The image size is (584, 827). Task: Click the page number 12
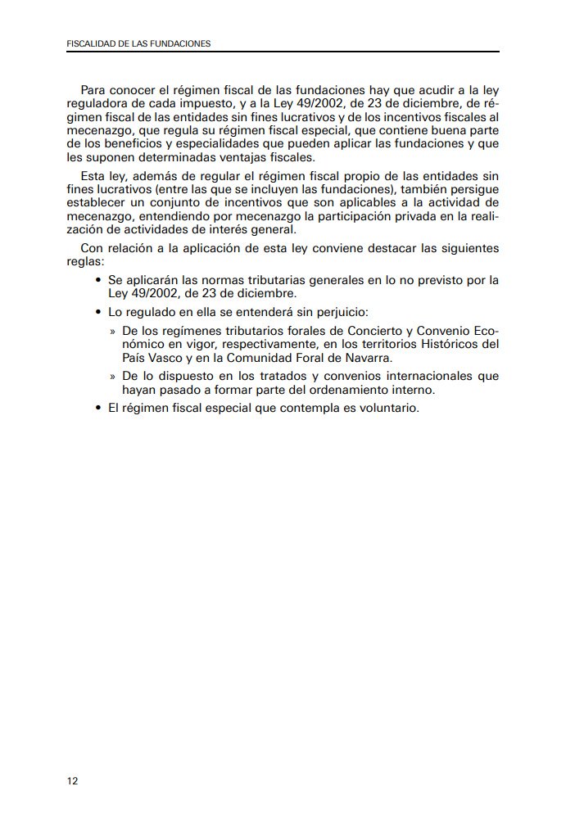[x=72, y=780]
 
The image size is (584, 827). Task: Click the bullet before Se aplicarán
[x=98, y=280]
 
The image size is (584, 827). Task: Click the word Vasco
[x=168, y=358]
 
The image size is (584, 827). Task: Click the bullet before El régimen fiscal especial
[x=98, y=409]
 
